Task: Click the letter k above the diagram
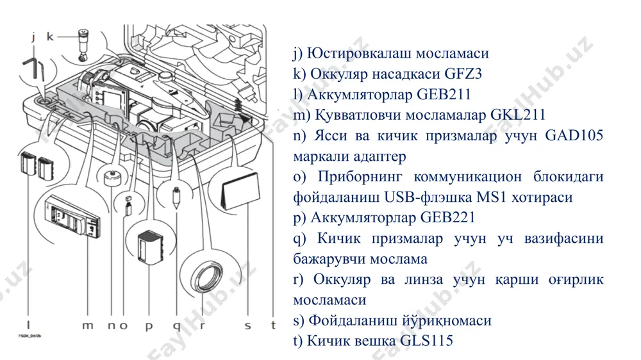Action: pyautogui.click(x=50, y=37)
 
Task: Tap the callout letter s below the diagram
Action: pyautogui.click(x=247, y=325)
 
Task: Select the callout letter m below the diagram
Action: pyautogui.click(x=87, y=325)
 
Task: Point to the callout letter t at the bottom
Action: pyautogui.click(x=273, y=325)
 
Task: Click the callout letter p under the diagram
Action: pyautogui.click(x=149, y=327)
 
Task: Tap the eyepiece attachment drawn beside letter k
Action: pyautogui.click(x=84, y=45)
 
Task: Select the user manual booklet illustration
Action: pyautogui.click(x=241, y=192)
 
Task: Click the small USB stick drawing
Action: pyautogui.click(x=128, y=206)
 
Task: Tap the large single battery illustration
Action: pyautogui.click(x=150, y=247)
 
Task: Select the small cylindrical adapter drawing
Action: pyautogui.click(x=112, y=177)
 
